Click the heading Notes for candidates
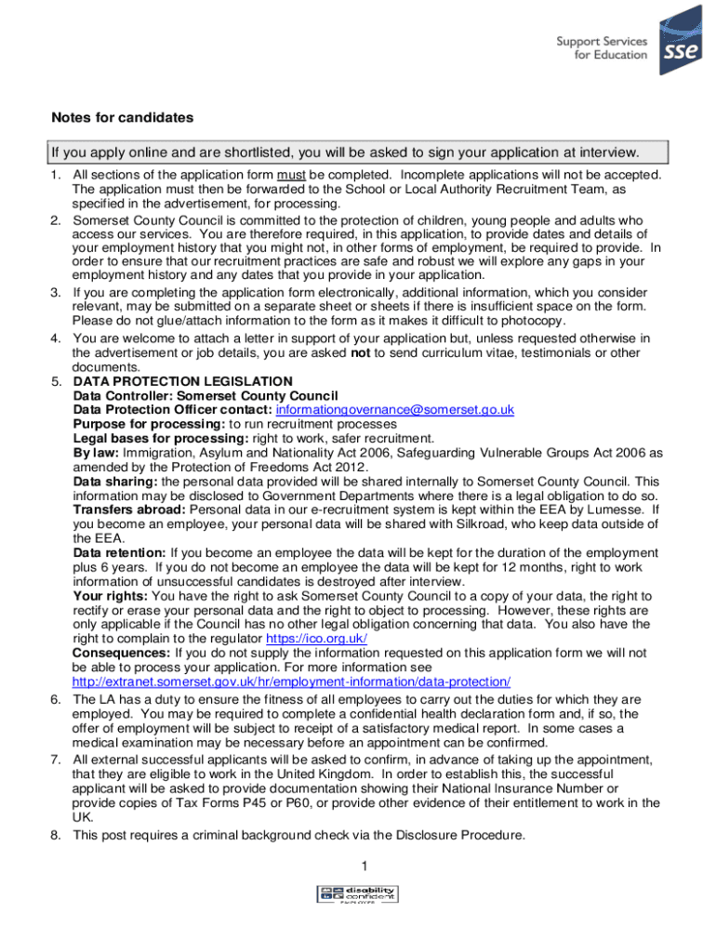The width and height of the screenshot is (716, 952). click(122, 118)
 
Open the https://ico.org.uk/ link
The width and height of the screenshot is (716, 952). click(316, 639)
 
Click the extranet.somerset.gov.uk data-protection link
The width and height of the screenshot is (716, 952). click(291, 681)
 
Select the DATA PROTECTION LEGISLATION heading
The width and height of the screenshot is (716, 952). click(183, 381)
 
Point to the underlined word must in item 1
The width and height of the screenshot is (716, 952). click(291, 175)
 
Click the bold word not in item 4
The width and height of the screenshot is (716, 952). click(362, 353)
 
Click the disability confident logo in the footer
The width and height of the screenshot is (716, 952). click(358, 895)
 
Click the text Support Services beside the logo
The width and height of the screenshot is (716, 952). click(602, 41)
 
